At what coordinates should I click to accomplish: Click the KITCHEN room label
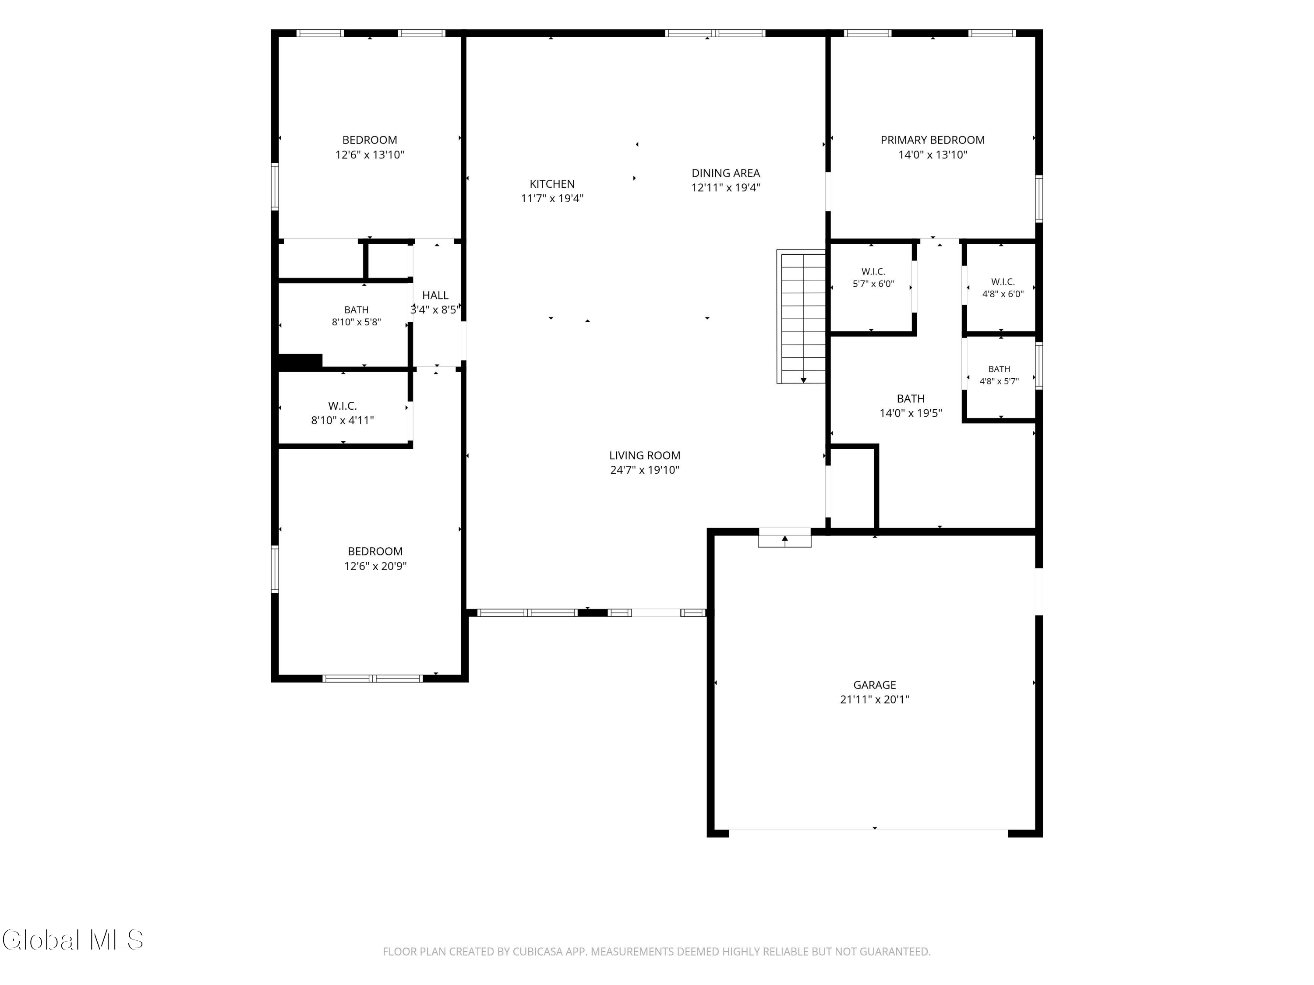[x=552, y=184]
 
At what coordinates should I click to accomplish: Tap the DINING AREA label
[x=725, y=173]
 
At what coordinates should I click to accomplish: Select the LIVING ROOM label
[x=645, y=455]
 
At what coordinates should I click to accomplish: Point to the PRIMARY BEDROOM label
[x=933, y=140]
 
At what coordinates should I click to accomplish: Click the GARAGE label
[x=874, y=685]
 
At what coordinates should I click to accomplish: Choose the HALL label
[x=435, y=295]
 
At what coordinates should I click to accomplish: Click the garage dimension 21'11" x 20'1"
[x=874, y=700]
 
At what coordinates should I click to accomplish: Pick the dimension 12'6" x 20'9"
[x=375, y=566]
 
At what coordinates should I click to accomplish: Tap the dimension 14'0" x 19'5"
[x=911, y=413]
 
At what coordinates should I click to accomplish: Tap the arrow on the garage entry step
[x=785, y=540]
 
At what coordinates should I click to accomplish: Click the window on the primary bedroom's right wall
[x=1038, y=199]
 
